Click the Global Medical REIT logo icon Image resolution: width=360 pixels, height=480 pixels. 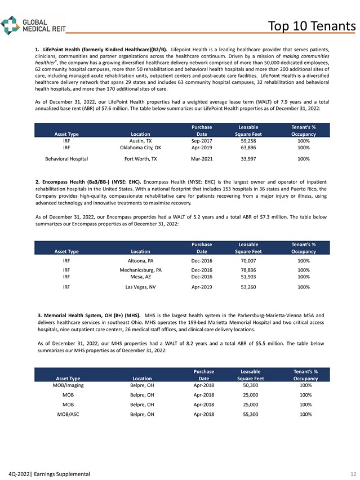tap(10, 25)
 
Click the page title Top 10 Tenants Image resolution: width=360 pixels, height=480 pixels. tap(311, 26)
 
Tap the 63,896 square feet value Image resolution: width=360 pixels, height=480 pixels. tap(248, 148)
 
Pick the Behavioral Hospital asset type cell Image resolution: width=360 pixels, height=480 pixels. tap(66, 159)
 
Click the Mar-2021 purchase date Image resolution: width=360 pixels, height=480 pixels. tap(202, 159)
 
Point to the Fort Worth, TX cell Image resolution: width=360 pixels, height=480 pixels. tap(140, 159)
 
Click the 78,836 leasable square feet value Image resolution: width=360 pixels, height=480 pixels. tap(248, 270)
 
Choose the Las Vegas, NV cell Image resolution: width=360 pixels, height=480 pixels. tap(140, 287)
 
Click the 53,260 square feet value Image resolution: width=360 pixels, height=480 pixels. tap(248, 287)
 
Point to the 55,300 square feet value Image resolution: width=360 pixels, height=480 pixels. tap(250, 414)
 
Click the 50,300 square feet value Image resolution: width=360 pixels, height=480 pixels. tap(250, 385)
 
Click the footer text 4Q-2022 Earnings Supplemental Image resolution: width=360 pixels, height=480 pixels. tap(46, 474)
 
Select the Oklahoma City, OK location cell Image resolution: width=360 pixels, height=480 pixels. tap(140, 148)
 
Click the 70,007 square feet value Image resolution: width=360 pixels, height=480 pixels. tap(248, 261)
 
